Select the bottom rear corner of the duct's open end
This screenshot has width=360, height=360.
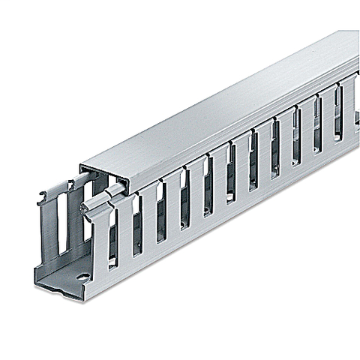tap(35, 268)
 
